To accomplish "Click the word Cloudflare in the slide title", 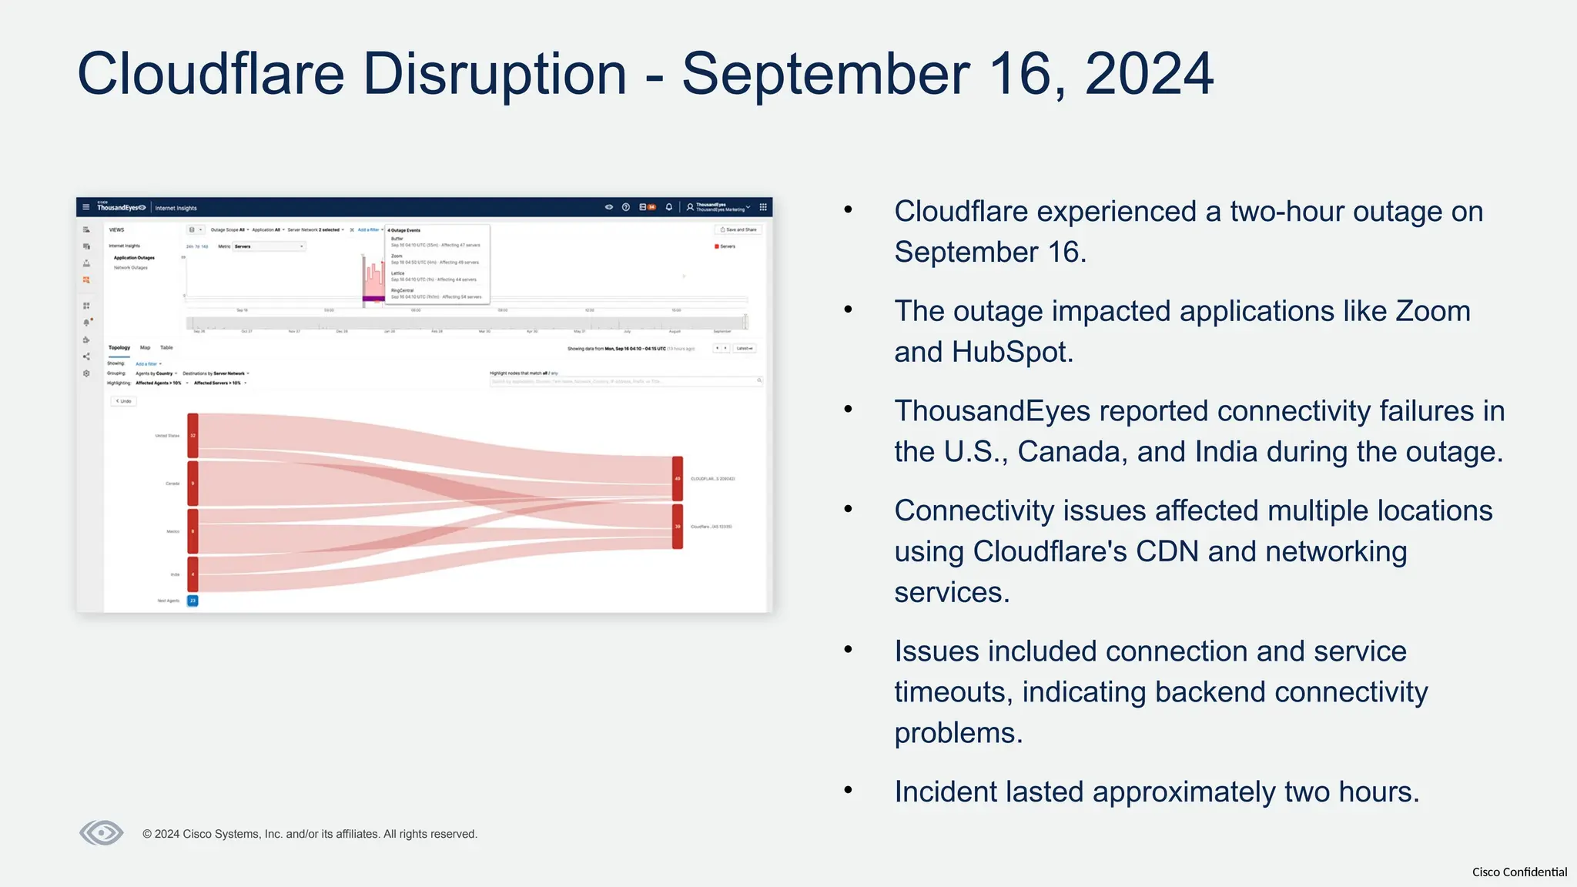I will tap(210, 74).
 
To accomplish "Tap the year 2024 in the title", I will tap(1148, 74).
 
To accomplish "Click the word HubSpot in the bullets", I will tap(1012, 352).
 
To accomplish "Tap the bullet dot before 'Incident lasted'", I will tap(849, 790).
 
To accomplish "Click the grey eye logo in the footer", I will tap(102, 832).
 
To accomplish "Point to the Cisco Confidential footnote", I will tap(1518, 872).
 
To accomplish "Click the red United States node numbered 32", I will tap(193, 436).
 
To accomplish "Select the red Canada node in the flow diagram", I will tap(193, 484).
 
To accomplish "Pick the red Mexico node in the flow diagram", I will tap(193, 531).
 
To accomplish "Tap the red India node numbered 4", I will tap(193, 574).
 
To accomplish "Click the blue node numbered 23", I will tap(193, 601).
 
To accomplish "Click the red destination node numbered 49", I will tap(678, 478).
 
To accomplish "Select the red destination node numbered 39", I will tap(678, 527).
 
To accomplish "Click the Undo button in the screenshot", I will tap(123, 401).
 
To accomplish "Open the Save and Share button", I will tap(738, 229).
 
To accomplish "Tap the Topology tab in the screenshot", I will tap(119, 348).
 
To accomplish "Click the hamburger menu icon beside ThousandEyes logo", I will tap(86, 207).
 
